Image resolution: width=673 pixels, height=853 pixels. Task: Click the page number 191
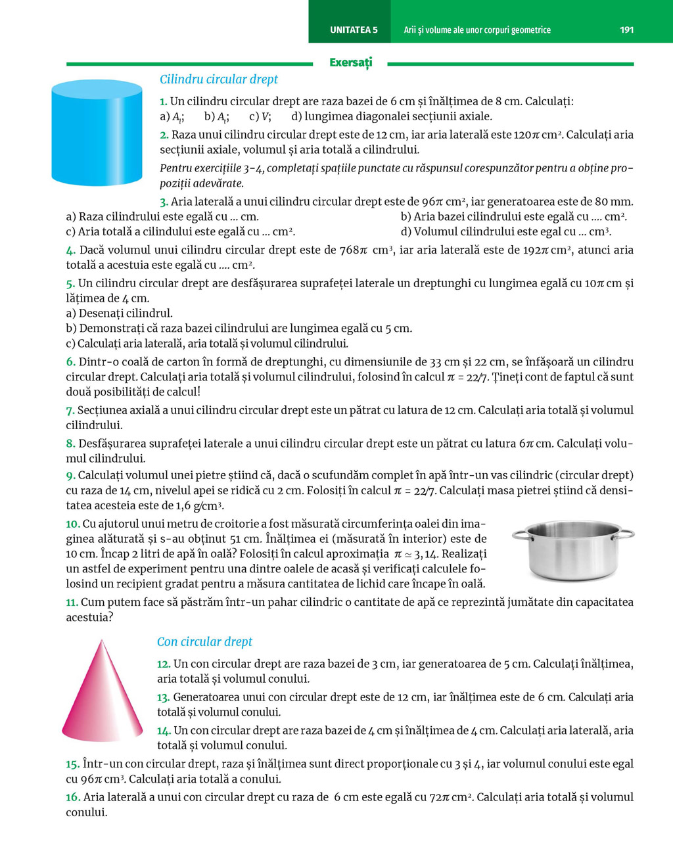click(626, 30)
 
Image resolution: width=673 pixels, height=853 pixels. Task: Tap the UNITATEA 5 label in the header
click(354, 30)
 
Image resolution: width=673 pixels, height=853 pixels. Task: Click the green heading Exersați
click(350, 62)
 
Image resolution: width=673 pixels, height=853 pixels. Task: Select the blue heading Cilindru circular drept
click(219, 80)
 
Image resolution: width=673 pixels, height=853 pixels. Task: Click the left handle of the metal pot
click(522, 535)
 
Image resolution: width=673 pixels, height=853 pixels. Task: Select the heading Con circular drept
click(204, 642)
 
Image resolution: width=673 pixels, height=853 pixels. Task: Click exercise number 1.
click(163, 101)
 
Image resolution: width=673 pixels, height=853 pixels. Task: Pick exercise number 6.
click(70, 361)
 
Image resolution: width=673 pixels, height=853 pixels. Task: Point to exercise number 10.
click(72, 524)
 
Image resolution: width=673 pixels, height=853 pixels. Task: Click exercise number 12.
click(164, 664)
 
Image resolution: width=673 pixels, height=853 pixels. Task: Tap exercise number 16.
click(73, 797)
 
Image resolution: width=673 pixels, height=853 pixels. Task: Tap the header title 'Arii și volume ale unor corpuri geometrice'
click(477, 30)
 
